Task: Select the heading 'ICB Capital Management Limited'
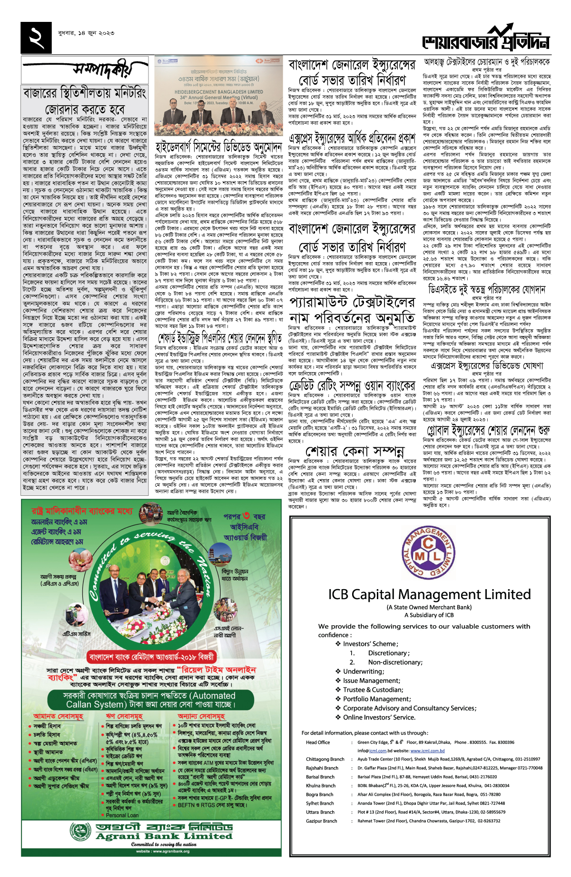pos(429,594)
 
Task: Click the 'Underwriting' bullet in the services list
pos(364,671)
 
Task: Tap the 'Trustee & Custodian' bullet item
pos(373,690)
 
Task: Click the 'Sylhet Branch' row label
pos(320,803)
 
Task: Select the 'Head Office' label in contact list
pos(318,742)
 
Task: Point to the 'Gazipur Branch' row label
pos(321,821)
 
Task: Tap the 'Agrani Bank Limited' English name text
pos(164,836)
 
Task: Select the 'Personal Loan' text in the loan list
pos(122,815)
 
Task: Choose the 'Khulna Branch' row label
pos(321,786)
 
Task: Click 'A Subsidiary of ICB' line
pos(429,615)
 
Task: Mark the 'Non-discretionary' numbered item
pos(394,662)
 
